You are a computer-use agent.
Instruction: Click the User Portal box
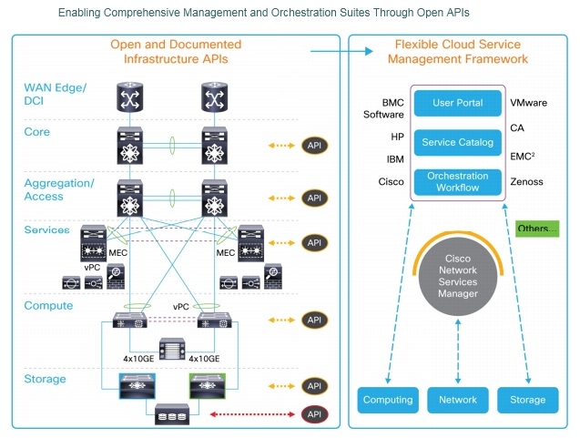[x=458, y=104]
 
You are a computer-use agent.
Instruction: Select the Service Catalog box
[x=458, y=143]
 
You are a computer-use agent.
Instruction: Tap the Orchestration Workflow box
[x=458, y=182]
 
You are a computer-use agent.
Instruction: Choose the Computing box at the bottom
[x=388, y=400]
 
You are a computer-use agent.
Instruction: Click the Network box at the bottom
[x=458, y=400]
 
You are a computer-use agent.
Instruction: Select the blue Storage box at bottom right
[x=528, y=400]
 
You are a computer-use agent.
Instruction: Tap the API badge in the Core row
[x=314, y=146]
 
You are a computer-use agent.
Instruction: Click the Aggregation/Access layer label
[x=59, y=189]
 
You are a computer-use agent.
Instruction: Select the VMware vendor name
[x=529, y=104]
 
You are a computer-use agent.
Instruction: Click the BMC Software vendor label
[x=383, y=109]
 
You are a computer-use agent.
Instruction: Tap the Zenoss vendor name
[x=527, y=182]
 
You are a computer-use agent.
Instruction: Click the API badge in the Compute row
[x=314, y=320]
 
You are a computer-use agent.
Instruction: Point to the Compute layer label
[x=48, y=306]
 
